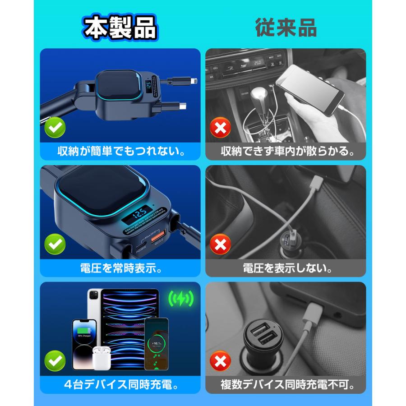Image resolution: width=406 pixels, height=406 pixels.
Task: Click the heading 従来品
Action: click(x=286, y=28)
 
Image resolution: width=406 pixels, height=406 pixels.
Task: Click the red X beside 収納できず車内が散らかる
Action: click(x=220, y=129)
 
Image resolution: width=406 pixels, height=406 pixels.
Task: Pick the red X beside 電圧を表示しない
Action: click(x=220, y=245)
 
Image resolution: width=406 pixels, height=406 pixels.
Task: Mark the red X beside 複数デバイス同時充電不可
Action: click(x=220, y=361)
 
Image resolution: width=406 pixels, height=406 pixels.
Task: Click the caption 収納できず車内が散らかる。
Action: click(x=286, y=151)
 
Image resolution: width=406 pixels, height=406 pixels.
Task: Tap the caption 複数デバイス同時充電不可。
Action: click(x=286, y=385)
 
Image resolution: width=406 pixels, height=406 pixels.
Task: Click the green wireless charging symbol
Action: click(x=180, y=298)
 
